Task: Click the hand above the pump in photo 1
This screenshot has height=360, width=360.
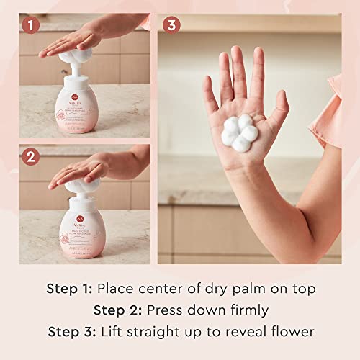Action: click(86, 42)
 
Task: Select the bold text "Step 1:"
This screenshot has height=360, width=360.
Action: click(70, 289)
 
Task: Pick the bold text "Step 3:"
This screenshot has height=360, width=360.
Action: click(73, 333)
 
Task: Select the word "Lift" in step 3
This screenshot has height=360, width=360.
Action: click(114, 333)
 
